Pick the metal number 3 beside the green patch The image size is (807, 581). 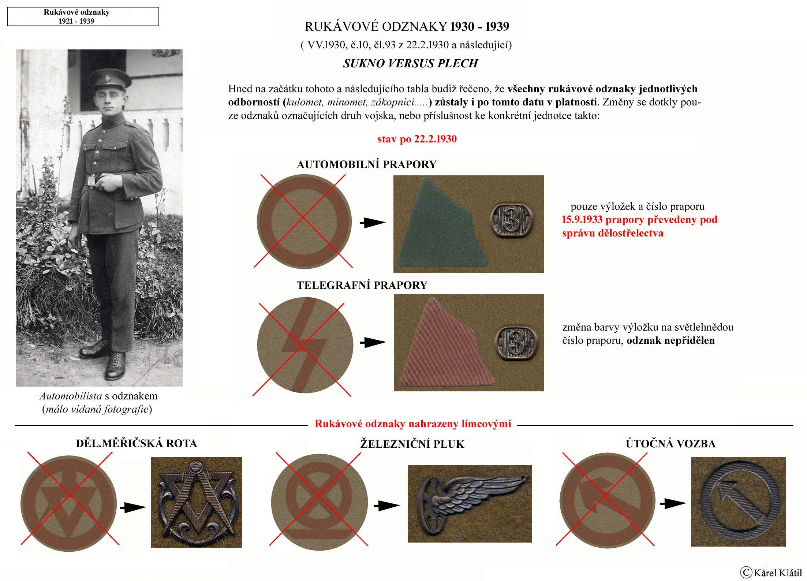(x=511, y=220)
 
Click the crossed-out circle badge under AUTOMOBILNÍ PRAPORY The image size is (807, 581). (x=304, y=221)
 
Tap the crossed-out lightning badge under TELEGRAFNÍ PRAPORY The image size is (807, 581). (x=305, y=345)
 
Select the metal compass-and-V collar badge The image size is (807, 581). (x=197, y=502)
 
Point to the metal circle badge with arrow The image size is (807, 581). (x=738, y=502)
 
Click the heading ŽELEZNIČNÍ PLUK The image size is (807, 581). (x=412, y=444)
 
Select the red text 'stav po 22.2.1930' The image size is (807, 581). (x=417, y=139)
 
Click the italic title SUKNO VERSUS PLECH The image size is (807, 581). (x=410, y=64)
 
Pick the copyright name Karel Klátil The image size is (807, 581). (x=777, y=572)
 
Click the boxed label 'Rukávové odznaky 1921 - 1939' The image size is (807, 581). (x=83, y=16)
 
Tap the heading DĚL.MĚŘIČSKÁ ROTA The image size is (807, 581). (x=137, y=443)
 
